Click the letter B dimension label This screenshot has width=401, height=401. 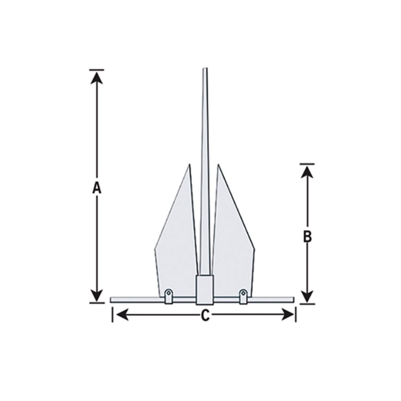coord(307,237)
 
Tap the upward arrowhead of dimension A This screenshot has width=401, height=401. coord(97,78)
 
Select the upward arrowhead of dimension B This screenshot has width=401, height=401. coord(307,172)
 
